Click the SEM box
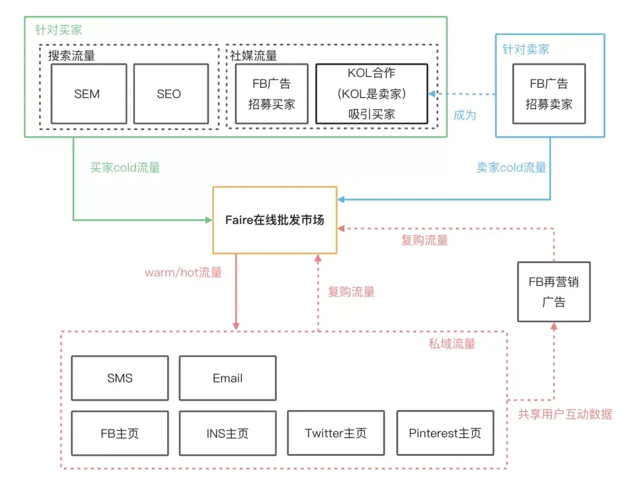pos(87,94)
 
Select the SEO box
pos(169,94)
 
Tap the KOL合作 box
pos(372,94)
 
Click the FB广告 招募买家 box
pos(271,94)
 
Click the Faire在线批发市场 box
pos(274,220)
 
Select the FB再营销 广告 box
pos(553,292)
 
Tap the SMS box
pos(120,378)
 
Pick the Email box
pos(228,378)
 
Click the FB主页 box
pos(120,433)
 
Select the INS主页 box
pos(228,433)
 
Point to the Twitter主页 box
pos(335,433)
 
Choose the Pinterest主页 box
pos(444,433)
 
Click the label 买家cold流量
pos(125,168)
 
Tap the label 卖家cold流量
pos(511,168)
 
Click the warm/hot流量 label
pos(183,273)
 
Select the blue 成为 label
pos(465,115)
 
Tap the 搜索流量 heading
pos(71,56)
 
